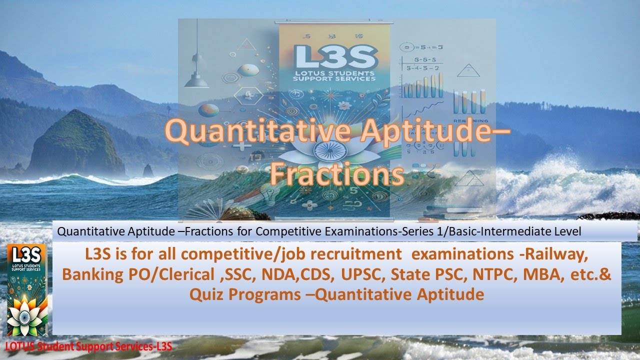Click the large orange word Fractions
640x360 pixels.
pos(337,175)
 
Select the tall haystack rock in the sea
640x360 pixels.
pos(75,145)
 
